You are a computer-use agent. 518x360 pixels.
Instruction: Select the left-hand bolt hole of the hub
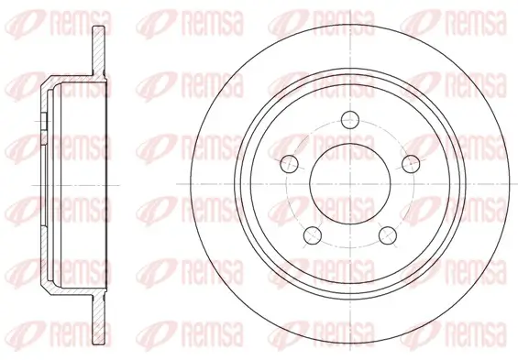tap(291, 164)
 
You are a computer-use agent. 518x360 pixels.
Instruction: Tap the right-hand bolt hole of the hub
tap(414, 164)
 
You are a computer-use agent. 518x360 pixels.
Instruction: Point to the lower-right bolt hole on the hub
tap(391, 236)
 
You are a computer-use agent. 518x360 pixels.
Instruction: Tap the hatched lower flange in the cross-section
tap(98, 311)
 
